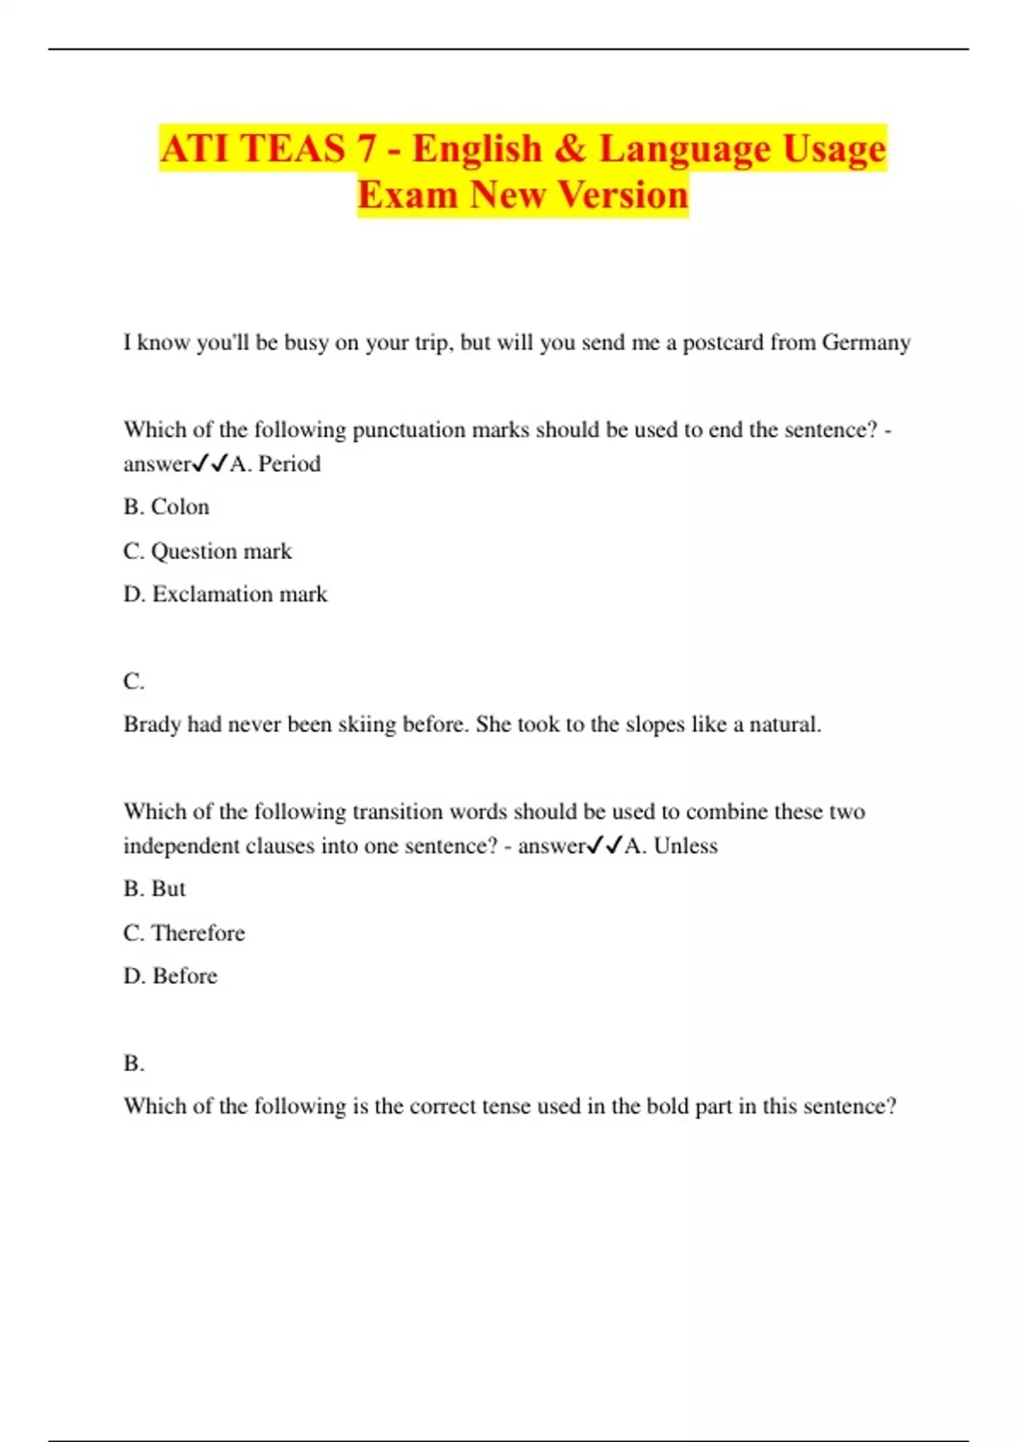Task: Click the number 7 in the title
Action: coord(366,149)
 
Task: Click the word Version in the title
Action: coord(624,195)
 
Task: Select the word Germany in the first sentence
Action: coord(866,343)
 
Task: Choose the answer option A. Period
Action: coord(276,464)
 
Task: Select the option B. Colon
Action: coord(166,507)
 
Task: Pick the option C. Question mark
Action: coord(208,551)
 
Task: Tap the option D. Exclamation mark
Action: coord(226,595)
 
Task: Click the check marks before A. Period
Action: coord(211,464)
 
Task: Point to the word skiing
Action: coord(367,725)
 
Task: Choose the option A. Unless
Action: coord(671,846)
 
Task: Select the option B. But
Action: coord(154,889)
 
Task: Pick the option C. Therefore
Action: coord(184,933)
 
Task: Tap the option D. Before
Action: coord(171,976)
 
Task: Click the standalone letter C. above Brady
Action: coord(134,681)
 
